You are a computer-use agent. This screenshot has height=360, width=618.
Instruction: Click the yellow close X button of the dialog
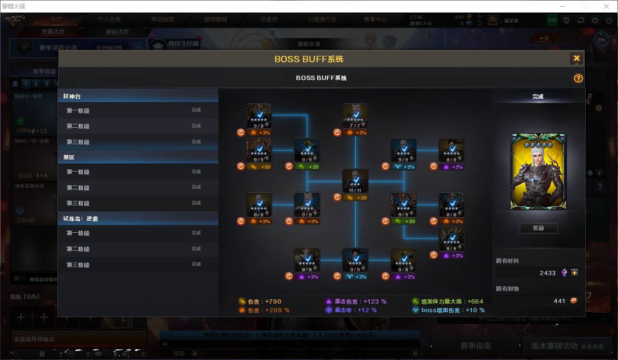click(x=576, y=59)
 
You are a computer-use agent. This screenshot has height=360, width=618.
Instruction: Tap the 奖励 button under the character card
click(x=538, y=228)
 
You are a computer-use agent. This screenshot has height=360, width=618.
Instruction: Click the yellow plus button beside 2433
click(x=575, y=273)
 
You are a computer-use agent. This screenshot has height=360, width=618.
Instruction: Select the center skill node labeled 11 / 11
click(x=355, y=181)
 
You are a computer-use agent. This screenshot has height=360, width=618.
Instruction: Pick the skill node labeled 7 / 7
click(x=355, y=116)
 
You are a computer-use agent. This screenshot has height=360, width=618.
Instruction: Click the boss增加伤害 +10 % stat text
click(x=453, y=310)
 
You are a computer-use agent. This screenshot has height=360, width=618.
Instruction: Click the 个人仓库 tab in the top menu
click(x=109, y=20)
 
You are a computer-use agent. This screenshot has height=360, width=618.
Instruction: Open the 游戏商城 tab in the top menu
click(x=215, y=20)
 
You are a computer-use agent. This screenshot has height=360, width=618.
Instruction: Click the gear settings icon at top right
click(x=595, y=20)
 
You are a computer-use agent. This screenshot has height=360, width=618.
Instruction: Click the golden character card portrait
click(x=538, y=172)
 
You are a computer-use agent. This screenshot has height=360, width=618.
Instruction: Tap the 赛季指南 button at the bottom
click(x=475, y=346)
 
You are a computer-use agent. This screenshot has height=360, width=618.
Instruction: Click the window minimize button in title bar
click(x=562, y=6)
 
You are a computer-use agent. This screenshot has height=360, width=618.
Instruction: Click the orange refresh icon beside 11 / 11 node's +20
click(x=337, y=197)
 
